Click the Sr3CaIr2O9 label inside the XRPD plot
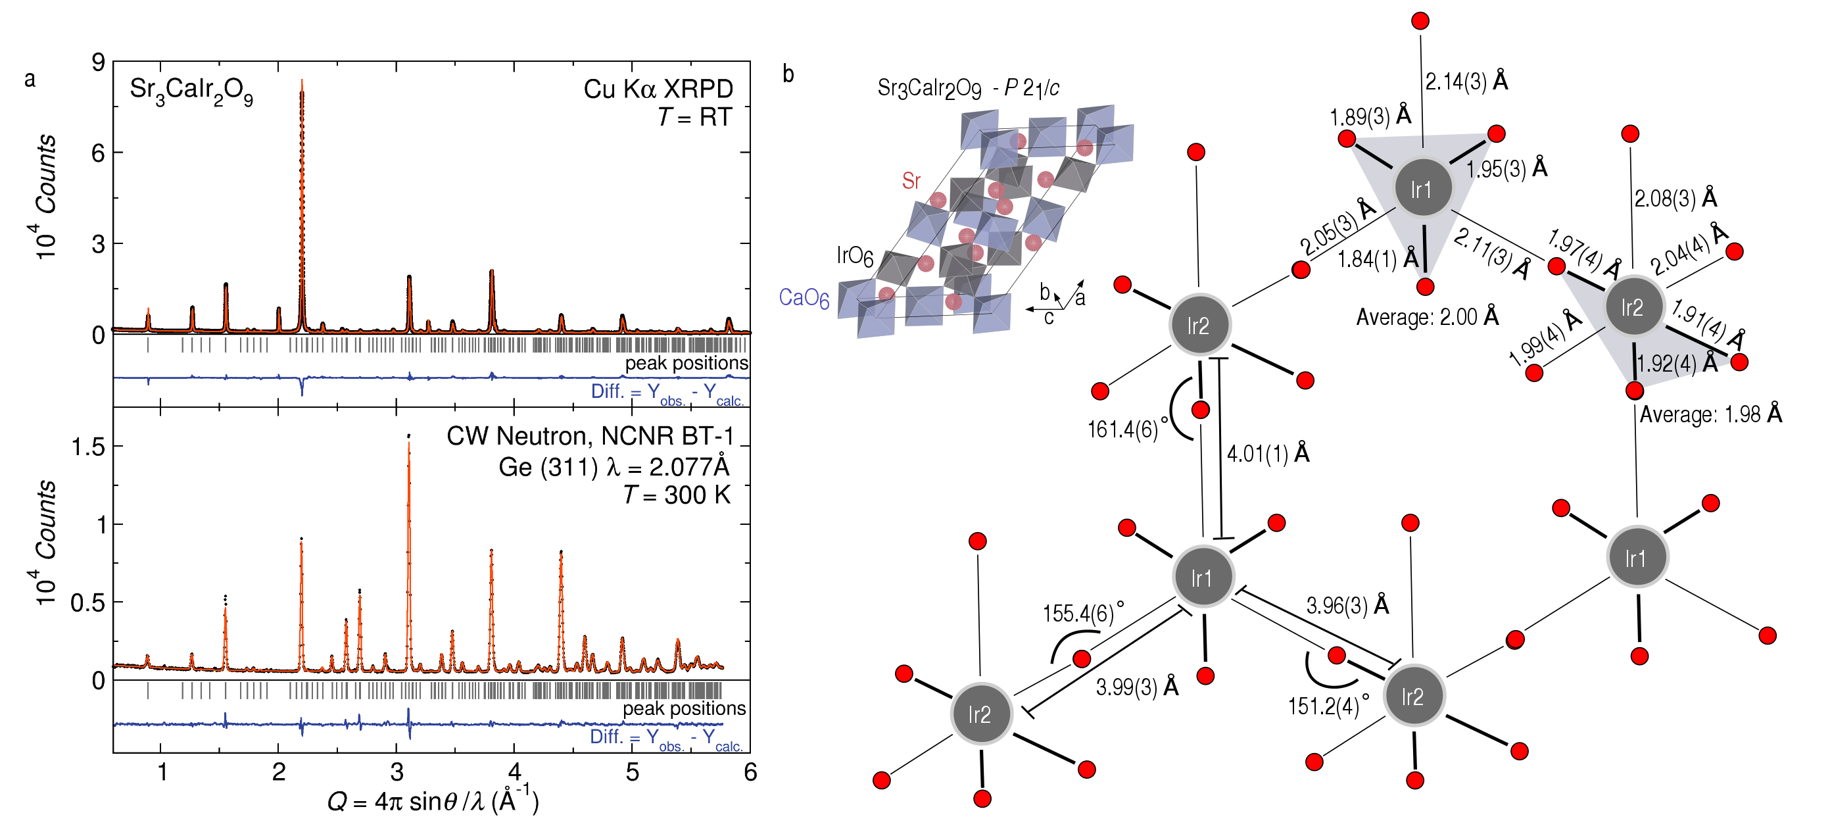pyautogui.click(x=191, y=91)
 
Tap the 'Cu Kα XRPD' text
pyautogui.click(x=658, y=89)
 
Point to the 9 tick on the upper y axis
pyautogui.click(x=98, y=62)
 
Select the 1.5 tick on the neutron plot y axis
pyautogui.click(x=88, y=447)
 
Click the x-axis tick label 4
pyautogui.click(x=514, y=772)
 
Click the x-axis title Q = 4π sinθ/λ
pyautogui.click(x=433, y=801)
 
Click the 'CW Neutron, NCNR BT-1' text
pyautogui.click(x=590, y=435)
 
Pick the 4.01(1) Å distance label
pyautogui.click(x=1268, y=453)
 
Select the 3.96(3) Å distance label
pyautogui.click(x=1347, y=605)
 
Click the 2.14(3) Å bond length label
pyautogui.click(x=1466, y=82)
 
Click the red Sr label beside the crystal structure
pyautogui.click(x=911, y=181)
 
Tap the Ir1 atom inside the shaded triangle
pyautogui.click(x=1422, y=188)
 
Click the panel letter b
pyautogui.click(x=788, y=74)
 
